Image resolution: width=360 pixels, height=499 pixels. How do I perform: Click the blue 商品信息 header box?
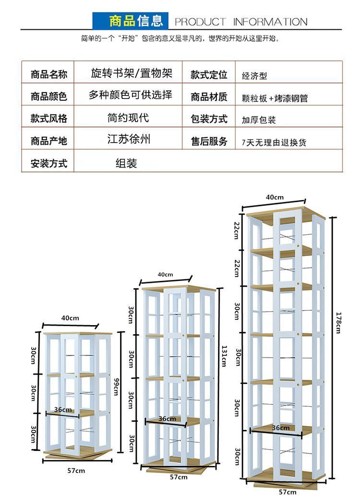130,21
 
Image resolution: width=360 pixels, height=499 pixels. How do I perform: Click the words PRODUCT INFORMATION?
240,22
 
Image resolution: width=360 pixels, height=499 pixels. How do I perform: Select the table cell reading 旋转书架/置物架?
132,73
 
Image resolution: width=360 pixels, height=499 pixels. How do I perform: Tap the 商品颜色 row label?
49,97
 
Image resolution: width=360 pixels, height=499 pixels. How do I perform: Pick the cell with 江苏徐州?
129,140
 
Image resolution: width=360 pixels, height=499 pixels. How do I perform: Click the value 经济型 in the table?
254,76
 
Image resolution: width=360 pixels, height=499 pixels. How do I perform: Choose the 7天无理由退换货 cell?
274,143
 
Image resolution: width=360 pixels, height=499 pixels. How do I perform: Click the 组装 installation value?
126,163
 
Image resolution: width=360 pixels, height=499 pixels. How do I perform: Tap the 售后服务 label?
209,141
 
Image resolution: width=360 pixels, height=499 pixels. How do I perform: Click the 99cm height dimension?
116,384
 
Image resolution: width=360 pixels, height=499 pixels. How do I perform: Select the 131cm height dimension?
223,355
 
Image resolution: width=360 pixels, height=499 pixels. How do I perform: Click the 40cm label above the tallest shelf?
275,197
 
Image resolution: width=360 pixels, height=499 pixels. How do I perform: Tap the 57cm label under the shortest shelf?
76,471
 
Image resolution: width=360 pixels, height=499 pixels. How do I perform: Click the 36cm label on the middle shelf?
167,419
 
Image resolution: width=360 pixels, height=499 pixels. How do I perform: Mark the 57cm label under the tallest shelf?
287,492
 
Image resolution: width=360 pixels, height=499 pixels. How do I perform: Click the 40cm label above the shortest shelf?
70,318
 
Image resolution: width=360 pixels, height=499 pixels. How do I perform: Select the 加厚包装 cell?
259,120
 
